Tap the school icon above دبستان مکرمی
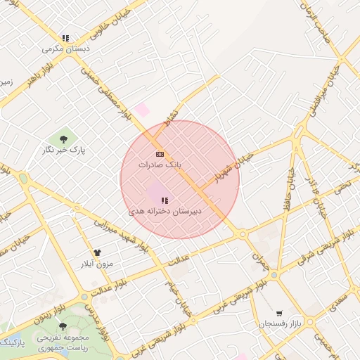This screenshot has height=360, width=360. coord(65,39)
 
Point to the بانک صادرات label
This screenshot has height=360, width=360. coord(160,164)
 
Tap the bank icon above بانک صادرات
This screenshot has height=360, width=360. coord(160,153)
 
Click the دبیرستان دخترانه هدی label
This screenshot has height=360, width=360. coord(165,211)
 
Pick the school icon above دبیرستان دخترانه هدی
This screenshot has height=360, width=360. coord(165,200)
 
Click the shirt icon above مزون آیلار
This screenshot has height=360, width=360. coord(96,252)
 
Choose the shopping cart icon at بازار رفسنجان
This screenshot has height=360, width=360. coord(280,314)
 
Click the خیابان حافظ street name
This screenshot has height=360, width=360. coord(288,188)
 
